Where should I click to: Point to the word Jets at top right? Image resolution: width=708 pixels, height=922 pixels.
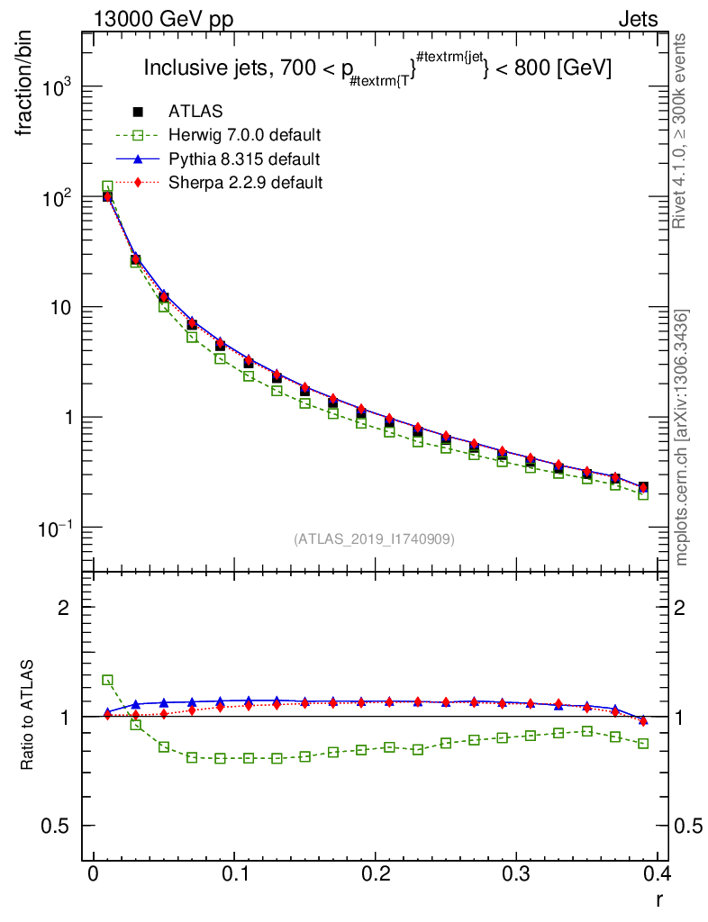[x=637, y=19]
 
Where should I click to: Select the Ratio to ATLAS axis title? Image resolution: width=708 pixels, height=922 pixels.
[x=28, y=716]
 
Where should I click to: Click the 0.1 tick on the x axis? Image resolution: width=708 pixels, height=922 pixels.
[x=234, y=874]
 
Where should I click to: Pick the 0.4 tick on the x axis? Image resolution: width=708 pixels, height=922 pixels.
[x=657, y=874]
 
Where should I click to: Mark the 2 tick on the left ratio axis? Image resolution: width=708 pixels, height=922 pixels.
[x=63, y=608]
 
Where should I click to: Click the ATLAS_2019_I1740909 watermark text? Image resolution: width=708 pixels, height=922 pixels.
[x=374, y=539]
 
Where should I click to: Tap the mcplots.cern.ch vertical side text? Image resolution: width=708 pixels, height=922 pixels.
[x=683, y=438]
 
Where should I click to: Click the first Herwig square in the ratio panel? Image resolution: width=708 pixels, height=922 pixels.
[x=107, y=681]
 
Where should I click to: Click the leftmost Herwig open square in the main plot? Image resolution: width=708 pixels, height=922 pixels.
[x=107, y=187]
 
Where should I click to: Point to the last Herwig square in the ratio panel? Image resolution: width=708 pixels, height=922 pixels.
[x=643, y=744]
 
